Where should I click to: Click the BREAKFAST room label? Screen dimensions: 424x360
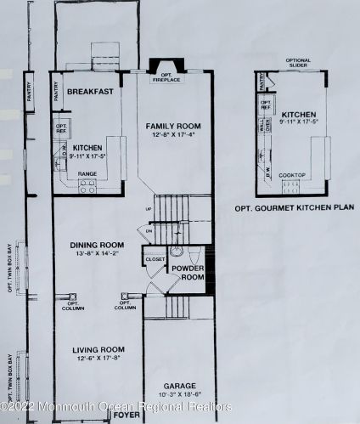coord(91,92)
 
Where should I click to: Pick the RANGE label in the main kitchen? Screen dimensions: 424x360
coord(87,172)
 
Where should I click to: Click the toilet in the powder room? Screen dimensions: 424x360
coord(177,252)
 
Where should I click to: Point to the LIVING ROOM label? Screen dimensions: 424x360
coord(97,349)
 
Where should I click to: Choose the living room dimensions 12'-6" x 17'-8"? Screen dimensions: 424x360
coord(97,359)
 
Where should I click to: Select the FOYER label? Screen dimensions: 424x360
coord(126,416)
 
